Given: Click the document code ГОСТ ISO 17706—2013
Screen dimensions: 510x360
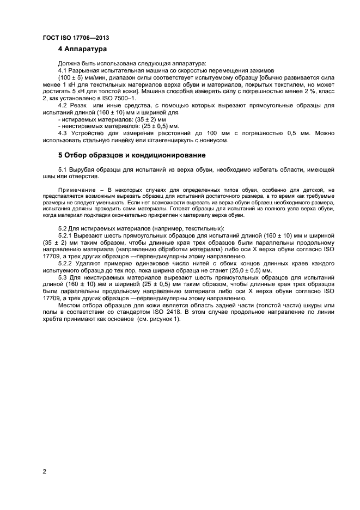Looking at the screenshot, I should (x=76, y=38).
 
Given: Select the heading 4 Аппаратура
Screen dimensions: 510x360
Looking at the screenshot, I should (x=83, y=50).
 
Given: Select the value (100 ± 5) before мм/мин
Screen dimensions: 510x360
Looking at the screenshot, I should (x=70, y=78).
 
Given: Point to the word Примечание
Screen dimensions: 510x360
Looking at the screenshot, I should (x=75, y=189).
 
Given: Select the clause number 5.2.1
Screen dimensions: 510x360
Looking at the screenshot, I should (x=66, y=235).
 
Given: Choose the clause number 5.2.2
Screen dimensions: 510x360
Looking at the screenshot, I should (x=66, y=263).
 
